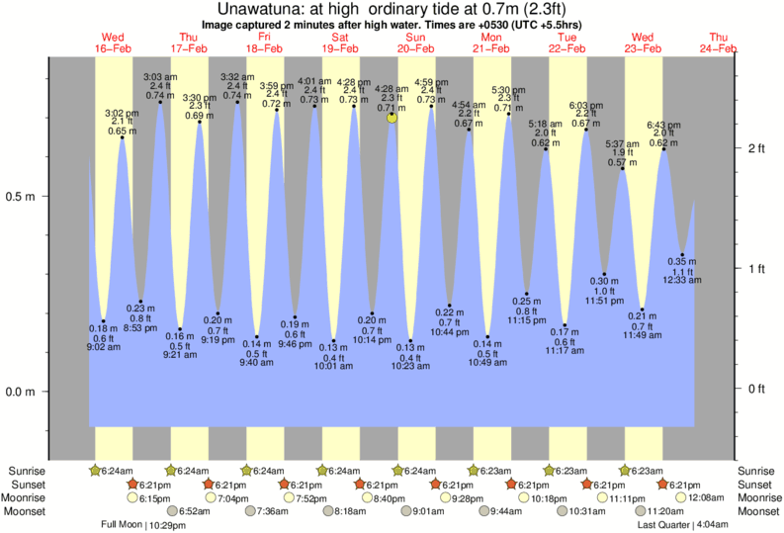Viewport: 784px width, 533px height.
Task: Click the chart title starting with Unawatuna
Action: pyautogui.click(x=392, y=9)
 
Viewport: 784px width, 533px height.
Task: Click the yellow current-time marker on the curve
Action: pyautogui.click(x=392, y=117)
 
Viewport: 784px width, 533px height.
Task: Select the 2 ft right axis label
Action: pyautogui.click(x=755, y=148)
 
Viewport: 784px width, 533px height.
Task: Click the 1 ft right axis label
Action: pyautogui.click(x=755, y=268)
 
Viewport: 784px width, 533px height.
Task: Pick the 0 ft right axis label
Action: pyautogui.click(x=755, y=389)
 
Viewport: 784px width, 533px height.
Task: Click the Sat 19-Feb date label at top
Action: pyautogui.click(x=340, y=43)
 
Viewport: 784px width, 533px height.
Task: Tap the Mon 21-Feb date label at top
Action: pyautogui.click(x=491, y=43)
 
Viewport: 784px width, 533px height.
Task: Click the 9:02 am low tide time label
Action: pyautogui.click(x=103, y=347)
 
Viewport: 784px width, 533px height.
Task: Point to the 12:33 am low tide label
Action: pyautogui.click(x=681, y=281)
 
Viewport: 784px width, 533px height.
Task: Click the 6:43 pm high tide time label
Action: pyautogui.click(x=662, y=126)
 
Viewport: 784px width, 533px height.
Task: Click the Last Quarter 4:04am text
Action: pyautogui.click(x=683, y=524)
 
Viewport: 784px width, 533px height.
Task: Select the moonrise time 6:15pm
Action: pyautogui.click(x=155, y=498)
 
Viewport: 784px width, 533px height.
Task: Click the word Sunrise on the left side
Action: pyautogui.click(x=27, y=471)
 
